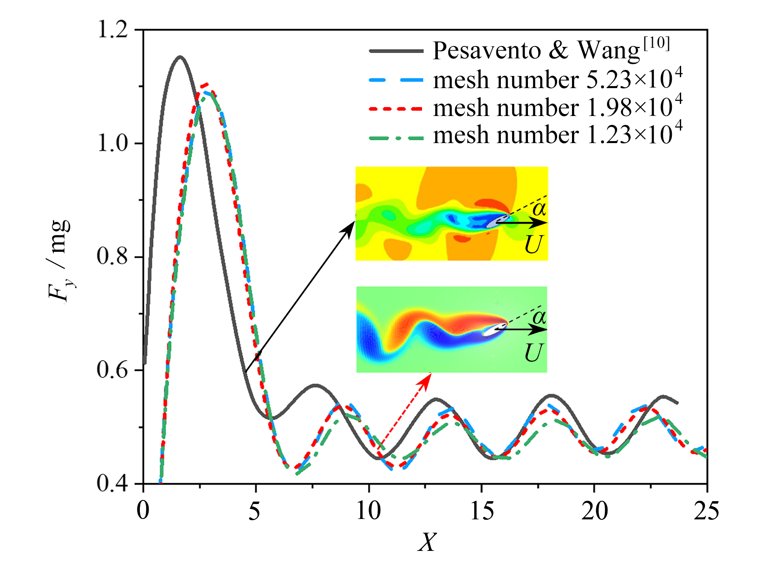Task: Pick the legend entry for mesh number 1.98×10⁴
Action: [558, 107]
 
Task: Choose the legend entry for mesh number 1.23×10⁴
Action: [558, 135]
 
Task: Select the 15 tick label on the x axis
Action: [482, 511]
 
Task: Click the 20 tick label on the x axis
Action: [594, 511]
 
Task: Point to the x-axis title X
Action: [427, 542]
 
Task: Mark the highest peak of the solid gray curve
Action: [180, 57]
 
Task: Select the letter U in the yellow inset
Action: [534, 245]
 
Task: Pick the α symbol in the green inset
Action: [539, 317]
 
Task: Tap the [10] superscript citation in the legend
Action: [656, 43]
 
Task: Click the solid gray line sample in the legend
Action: [396, 51]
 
